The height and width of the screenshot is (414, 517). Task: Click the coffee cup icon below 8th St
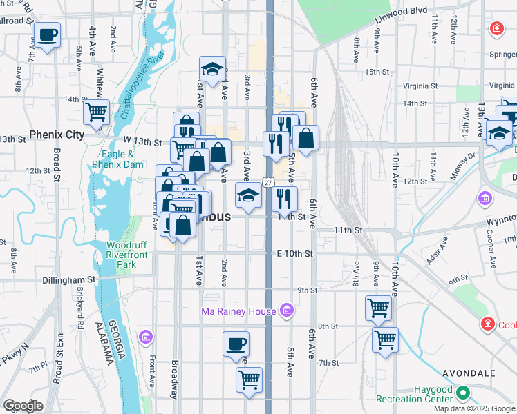click(x=236, y=343)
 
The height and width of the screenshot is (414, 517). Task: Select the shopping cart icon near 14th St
click(x=96, y=110)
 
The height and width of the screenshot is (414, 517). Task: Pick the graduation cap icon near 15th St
click(x=212, y=68)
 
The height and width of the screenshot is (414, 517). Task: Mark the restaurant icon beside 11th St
click(x=285, y=199)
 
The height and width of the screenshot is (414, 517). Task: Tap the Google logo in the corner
click(x=22, y=406)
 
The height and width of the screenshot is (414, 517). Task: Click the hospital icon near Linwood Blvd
click(x=496, y=28)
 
